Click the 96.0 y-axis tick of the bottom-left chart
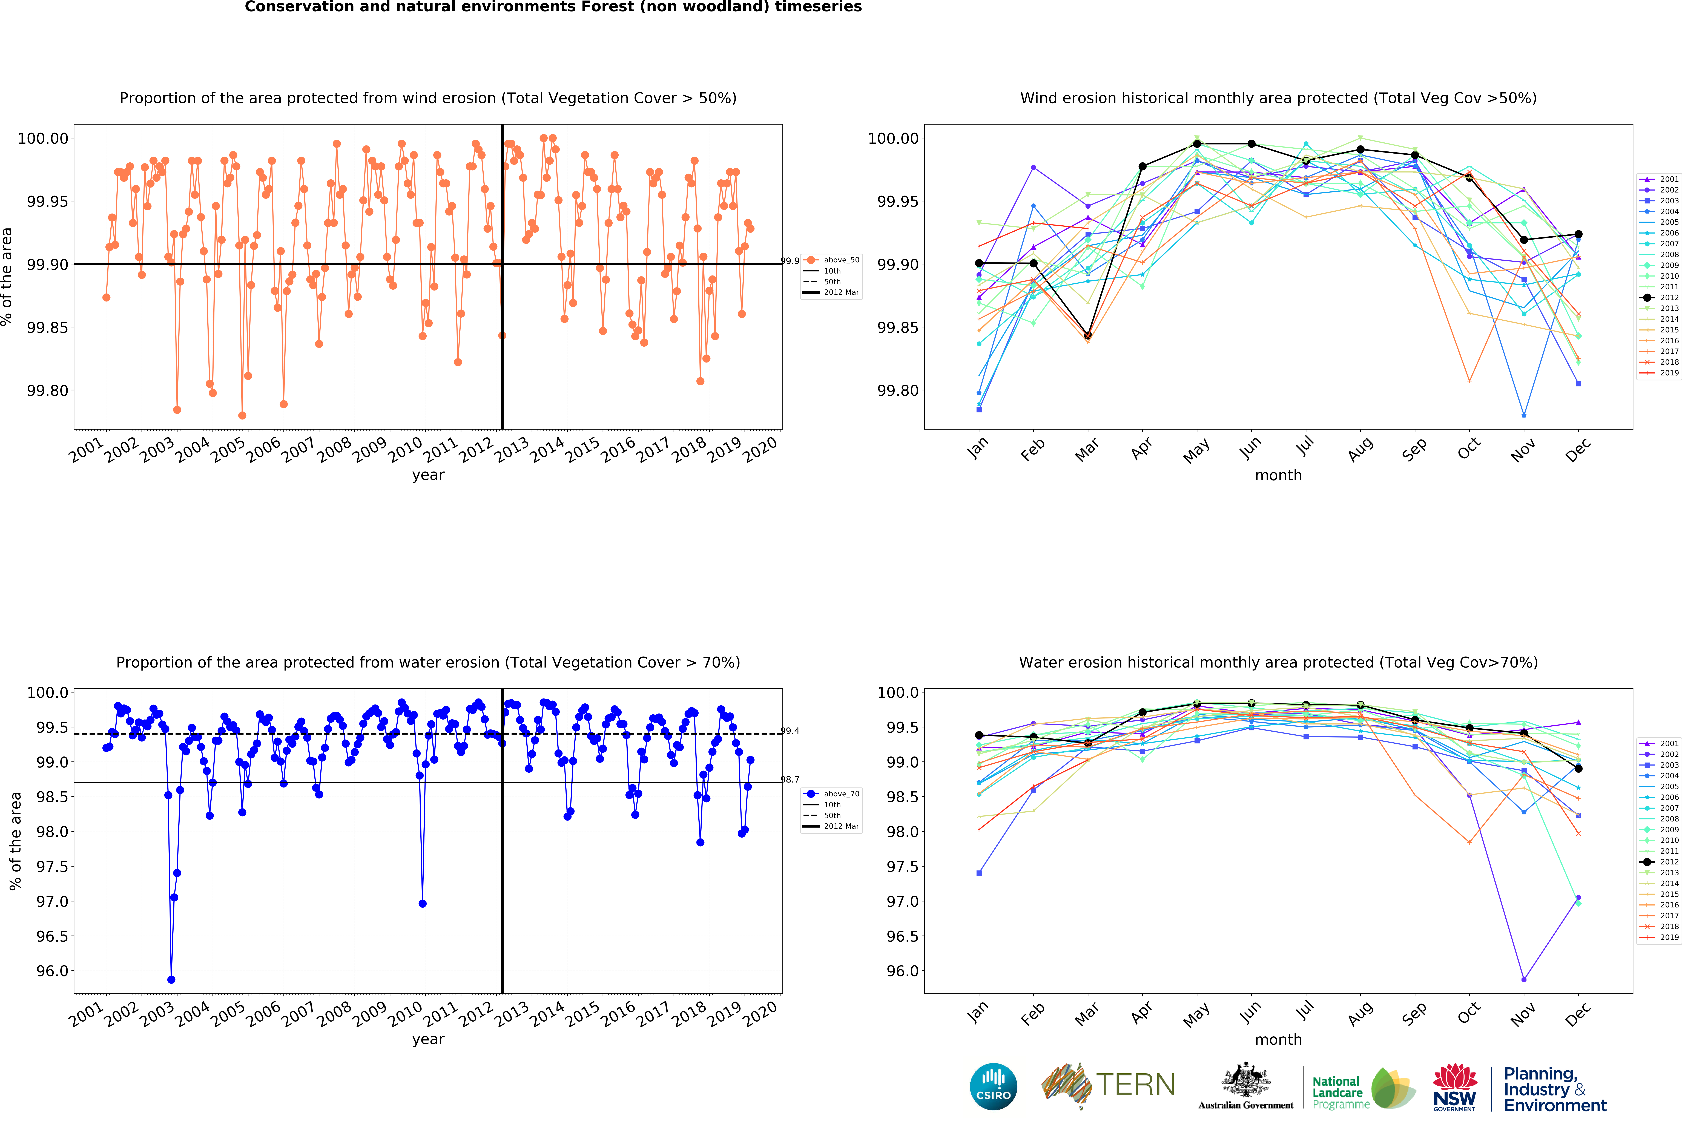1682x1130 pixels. coord(52,971)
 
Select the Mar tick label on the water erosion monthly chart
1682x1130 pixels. coord(1087,1014)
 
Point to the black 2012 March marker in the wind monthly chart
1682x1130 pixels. coord(1087,336)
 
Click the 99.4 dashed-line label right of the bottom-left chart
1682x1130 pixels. coord(790,731)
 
